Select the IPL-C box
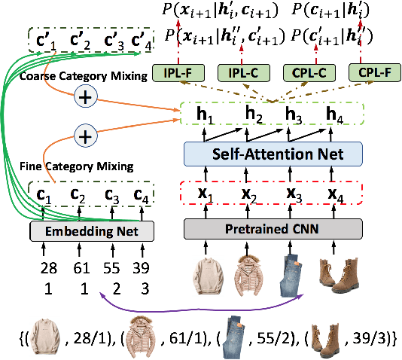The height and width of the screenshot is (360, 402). (242, 73)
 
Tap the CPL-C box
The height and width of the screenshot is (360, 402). (306, 73)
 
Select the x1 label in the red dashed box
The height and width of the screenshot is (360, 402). (203, 193)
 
